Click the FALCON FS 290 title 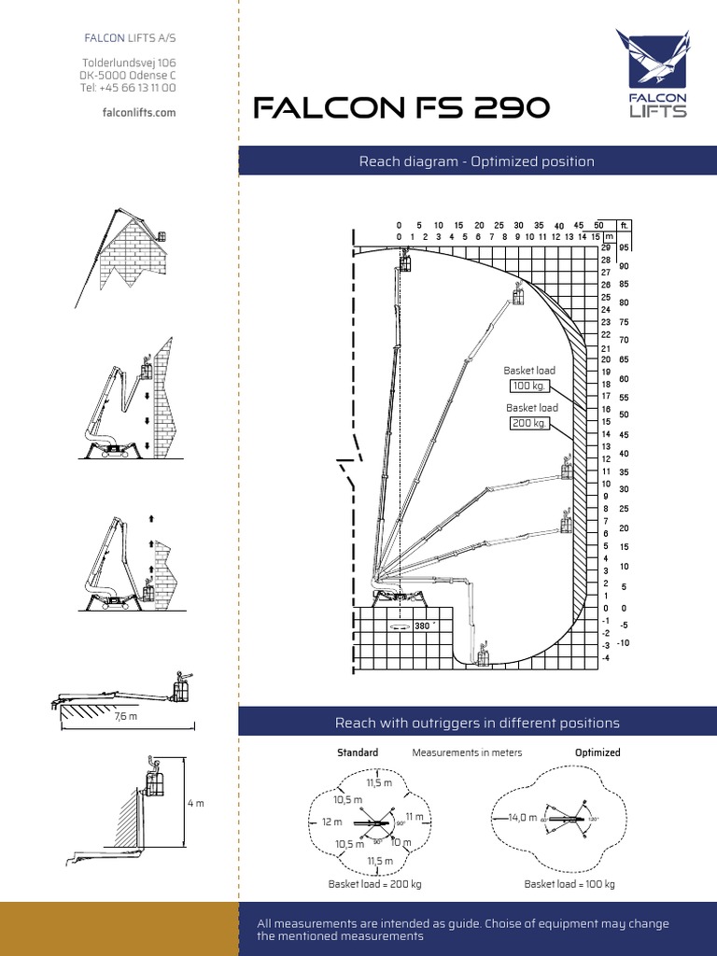[x=402, y=110]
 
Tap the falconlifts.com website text [x=138, y=112]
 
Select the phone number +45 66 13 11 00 [x=129, y=88]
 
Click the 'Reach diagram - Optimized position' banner [x=477, y=162]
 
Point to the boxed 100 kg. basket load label [x=530, y=386]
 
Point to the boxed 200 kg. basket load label [x=529, y=423]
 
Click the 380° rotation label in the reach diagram [x=424, y=626]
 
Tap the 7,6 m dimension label [x=126, y=717]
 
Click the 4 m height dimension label [x=196, y=802]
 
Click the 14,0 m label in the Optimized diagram [x=522, y=817]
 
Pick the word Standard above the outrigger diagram [x=358, y=752]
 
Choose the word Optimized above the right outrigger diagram [x=597, y=752]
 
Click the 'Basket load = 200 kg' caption [x=374, y=884]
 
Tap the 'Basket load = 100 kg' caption [x=569, y=884]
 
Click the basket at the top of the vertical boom [x=405, y=263]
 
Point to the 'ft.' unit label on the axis [x=625, y=225]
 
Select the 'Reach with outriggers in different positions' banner [x=477, y=723]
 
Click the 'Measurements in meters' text [x=467, y=752]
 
